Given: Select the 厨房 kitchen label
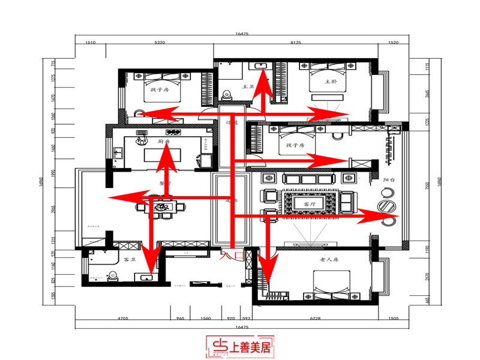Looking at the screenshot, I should (163, 142).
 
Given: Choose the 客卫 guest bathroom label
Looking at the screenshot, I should (129, 260).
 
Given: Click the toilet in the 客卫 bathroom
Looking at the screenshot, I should (112, 276).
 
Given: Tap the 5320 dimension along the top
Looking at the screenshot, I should (160, 43).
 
